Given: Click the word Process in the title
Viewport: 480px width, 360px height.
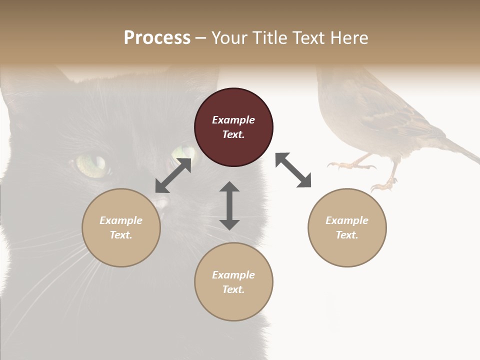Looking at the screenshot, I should click(x=157, y=38).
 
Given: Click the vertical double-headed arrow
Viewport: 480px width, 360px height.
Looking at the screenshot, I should click(x=229, y=205).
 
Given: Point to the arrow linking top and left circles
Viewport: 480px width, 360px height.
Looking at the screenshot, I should click(x=173, y=175).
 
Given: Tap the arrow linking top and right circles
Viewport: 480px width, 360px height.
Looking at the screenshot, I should click(x=293, y=170).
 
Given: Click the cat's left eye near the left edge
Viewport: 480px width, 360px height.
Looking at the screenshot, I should click(x=92, y=165).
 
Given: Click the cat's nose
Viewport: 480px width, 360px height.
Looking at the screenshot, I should click(x=160, y=202).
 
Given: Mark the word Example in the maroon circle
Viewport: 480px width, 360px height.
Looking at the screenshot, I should click(x=233, y=120).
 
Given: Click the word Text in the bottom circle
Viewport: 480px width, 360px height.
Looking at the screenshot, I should click(x=233, y=289).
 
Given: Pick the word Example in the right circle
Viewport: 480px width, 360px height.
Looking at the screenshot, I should click(x=347, y=220).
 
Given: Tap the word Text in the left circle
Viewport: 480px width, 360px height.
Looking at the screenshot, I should click(x=121, y=235).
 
